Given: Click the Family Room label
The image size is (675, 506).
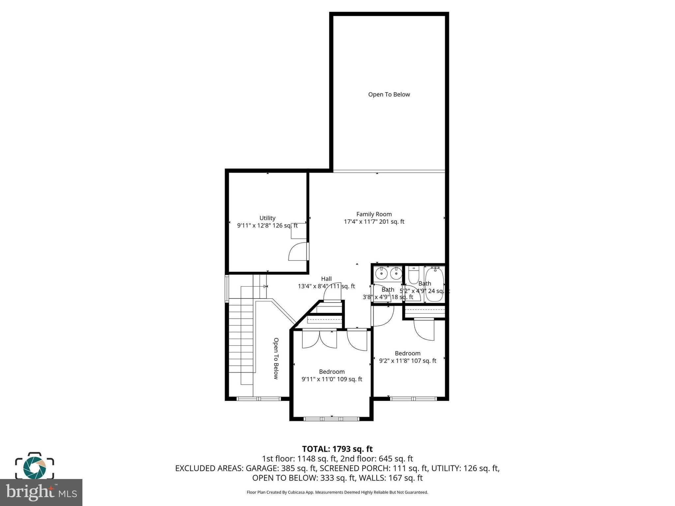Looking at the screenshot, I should pyautogui.click(x=374, y=214).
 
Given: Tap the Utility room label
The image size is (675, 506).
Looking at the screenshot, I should pyautogui.click(x=267, y=218).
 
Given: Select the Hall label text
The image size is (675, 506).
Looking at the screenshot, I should pyautogui.click(x=326, y=279).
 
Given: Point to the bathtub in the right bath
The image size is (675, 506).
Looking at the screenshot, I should pyautogui.click(x=434, y=285).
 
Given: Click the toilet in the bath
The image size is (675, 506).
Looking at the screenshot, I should pyautogui.click(x=413, y=276).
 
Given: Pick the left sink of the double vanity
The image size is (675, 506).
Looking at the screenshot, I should pyautogui.click(x=382, y=273).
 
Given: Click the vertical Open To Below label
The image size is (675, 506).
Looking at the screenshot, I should pyautogui.click(x=276, y=358).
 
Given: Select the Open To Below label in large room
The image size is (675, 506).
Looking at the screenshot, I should pyautogui.click(x=389, y=95).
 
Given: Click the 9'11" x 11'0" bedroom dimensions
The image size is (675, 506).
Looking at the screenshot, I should pyautogui.click(x=332, y=379).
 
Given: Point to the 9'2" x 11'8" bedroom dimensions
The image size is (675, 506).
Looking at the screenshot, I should pyautogui.click(x=407, y=361).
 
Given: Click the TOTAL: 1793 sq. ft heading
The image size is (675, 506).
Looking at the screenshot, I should pyautogui.click(x=337, y=449).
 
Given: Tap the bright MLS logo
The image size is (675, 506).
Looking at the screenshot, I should pyautogui.click(x=41, y=492).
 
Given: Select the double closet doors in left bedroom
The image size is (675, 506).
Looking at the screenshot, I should pyautogui.click(x=319, y=339).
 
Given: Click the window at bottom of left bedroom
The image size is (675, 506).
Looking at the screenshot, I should pyautogui.click(x=331, y=419).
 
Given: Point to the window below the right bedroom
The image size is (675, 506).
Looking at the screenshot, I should pyautogui.click(x=413, y=399).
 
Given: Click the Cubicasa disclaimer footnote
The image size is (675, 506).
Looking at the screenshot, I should pyautogui.click(x=337, y=492).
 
